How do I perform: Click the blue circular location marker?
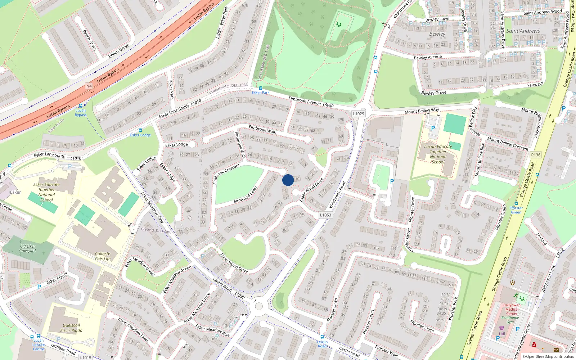(288, 180)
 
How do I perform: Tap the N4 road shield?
(89, 86)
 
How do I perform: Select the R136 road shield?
(536, 155)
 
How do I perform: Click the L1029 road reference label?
(359, 113)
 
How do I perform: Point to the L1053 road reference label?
(325, 215)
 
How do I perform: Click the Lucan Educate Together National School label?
(438, 154)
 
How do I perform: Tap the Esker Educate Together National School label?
(46, 192)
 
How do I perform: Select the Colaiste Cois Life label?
(103, 256)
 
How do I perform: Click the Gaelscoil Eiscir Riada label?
(71, 328)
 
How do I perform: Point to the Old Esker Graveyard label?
(28, 248)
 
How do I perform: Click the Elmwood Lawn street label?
(246, 195)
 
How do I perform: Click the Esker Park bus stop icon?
(261, 88)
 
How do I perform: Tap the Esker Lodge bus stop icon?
(140, 130)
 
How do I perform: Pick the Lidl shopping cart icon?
(501, 328)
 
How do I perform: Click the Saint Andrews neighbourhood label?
(523, 31)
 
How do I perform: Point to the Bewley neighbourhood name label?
(437, 34)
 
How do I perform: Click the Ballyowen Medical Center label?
(512, 309)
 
